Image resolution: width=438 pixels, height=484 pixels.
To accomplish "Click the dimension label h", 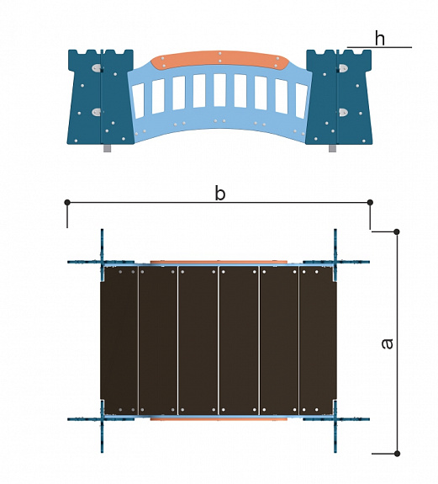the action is pyautogui.click(x=380, y=38).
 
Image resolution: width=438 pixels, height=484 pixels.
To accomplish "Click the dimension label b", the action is pyautogui.click(x=219, y=194).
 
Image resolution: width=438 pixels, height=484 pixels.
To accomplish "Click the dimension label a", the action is pyautogui.click(x=388, y=343).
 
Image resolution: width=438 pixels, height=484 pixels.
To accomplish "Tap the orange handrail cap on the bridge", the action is pyautogui.click(x=219, y=61).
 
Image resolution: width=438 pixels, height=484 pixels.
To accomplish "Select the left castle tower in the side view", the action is pyautogui.click(x=101, y=97).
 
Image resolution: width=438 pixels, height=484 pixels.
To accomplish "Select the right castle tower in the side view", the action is pyautogui.click(x=339, y=97).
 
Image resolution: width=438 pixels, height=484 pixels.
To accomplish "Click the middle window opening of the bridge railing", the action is pyautogui.click(x=219, y=90).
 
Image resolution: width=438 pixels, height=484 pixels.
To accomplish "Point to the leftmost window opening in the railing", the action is pyautogui.click(x=138, y=100).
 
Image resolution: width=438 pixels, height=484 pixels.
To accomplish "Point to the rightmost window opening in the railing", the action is pyautogui.click(x=300, y=100).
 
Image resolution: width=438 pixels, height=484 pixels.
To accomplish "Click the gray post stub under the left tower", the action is pyautogui.click(x=107, y=148).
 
